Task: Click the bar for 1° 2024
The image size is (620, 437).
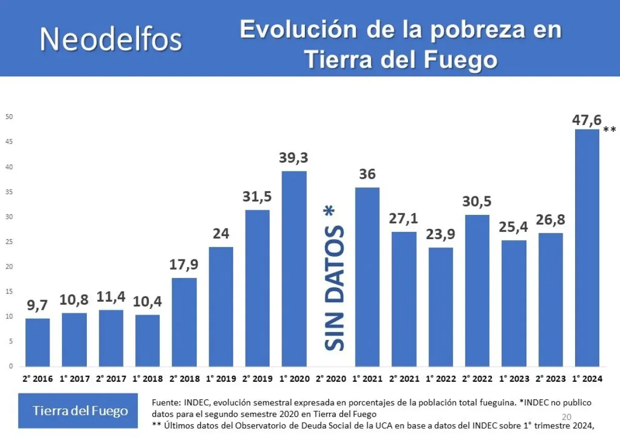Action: (x=587, y=247)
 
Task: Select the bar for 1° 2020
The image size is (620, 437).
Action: (x=294, y=269)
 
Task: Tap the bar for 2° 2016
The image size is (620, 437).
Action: (x=38, y=342)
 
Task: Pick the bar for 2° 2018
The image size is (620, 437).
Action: (x=184, y=322)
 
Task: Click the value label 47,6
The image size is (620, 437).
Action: (x=586, y=120)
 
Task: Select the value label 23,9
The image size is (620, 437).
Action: (x=440, y=234)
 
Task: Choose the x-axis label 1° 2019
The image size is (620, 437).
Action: (x=221, y=379)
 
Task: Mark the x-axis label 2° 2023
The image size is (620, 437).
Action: (x=550, y=379)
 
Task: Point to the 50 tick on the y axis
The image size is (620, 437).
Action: (x=9, y=117)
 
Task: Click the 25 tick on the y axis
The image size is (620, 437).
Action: (x=9, y=242)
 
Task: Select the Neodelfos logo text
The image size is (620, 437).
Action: (x=111, y=39)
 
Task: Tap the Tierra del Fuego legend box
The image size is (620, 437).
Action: (x=78, y=411)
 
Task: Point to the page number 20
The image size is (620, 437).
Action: (x=566, y=417)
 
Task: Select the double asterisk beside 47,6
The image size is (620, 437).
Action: (x=610, y=129)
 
